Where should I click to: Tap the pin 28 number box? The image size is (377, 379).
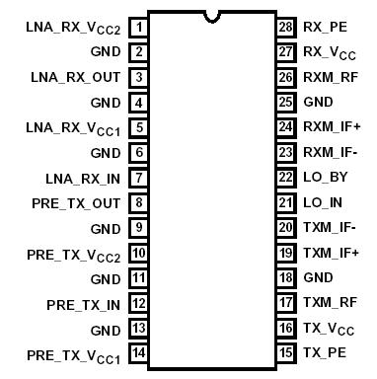(286, 27)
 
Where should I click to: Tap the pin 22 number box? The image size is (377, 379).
(286, 178)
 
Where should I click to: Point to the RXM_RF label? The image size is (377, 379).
(329, 77)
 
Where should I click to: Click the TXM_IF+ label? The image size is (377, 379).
(331, 253)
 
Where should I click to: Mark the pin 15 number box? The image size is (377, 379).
(286, 352)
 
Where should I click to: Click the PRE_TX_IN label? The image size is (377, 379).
(83, 303)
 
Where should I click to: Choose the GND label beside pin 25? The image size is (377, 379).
(318, 102)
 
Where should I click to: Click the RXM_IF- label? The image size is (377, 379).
(331, 152)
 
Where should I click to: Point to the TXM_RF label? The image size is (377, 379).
(329, 303)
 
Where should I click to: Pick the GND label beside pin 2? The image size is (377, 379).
(107, 51)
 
